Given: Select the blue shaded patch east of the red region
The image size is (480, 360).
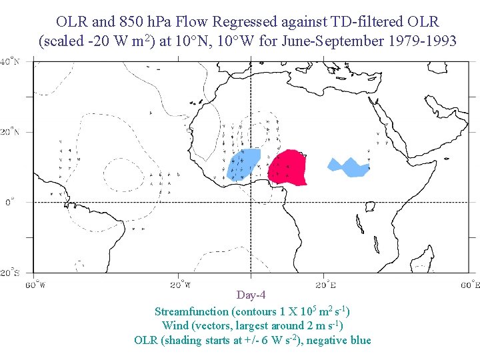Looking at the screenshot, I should coord(348,167).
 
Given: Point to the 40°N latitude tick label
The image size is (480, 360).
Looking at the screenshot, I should coord(9,62).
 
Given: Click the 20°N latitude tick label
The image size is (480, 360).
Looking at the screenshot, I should coord(9,132).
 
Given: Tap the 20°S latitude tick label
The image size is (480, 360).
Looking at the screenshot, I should coord(9,273).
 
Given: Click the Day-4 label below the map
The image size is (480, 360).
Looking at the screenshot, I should coord(251,295).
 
